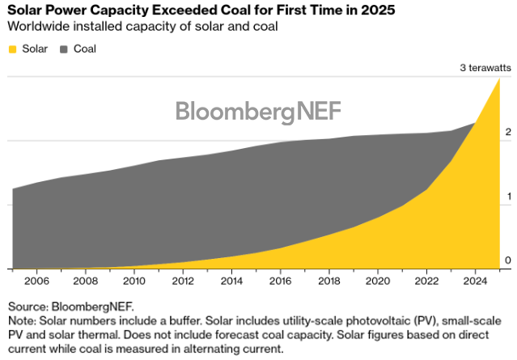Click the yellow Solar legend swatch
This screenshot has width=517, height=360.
click(13, 49)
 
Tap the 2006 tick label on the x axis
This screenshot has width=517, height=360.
click(37, 281)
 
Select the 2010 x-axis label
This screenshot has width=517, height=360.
click(134, 281)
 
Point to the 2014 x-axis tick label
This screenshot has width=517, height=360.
click(231, 281)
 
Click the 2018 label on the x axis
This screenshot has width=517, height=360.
click(328, 281)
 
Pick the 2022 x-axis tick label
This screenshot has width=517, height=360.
click(426, 281)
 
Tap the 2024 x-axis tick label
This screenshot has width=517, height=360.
click(474, 281)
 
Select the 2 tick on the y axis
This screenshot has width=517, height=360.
click(508, 132)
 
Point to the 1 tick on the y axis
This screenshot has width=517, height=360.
click(508, 196)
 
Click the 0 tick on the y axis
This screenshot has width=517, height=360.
click(508, 260)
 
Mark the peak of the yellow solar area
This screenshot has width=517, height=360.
click(498, 78)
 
